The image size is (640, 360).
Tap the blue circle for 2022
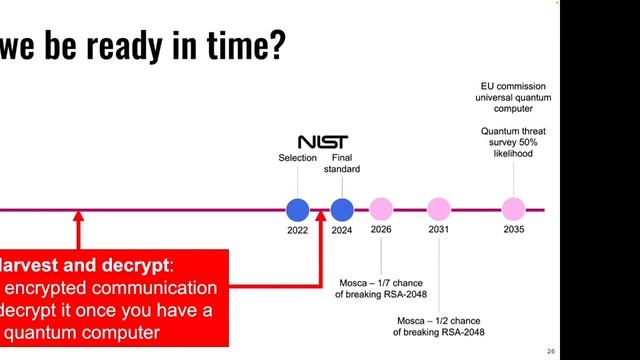click(297, 210)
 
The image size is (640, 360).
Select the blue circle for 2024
click(342, 210)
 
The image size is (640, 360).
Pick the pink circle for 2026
click(381, 210)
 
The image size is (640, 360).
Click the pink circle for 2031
click(439, 210)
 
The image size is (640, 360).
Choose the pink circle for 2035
click(513, 210)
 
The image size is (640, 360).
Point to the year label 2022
click(297, 230)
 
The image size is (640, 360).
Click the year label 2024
click(342, 230)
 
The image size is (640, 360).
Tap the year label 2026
click(381, 230)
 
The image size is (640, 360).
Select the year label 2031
click(439, 230)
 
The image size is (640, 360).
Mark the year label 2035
click(513, 230)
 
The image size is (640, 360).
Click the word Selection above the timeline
click(297, 158)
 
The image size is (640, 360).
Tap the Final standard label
click(342, 164)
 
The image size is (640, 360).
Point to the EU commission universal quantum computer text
click(515, 98)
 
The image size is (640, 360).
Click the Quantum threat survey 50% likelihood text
click(513, 142)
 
